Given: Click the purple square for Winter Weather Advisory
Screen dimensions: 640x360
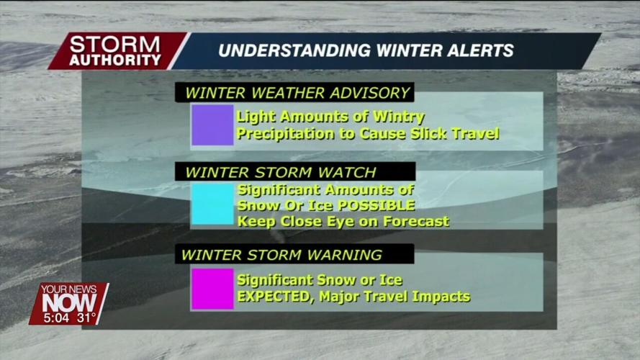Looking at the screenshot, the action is click(212, 125).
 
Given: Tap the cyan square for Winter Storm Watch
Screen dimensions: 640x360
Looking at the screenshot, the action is click(212, 204).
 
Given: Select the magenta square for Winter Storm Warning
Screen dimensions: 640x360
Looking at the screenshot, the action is click(212, 289).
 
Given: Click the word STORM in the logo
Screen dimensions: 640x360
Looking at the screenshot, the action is click(114, 45).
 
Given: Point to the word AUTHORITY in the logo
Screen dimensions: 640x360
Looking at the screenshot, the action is click(115, 60).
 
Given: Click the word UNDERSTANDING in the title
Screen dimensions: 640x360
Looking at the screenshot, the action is click(294, 50).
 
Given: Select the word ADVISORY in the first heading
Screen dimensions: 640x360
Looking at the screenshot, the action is click(370, 93).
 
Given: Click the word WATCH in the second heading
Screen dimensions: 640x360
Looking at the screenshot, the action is click(347, 172).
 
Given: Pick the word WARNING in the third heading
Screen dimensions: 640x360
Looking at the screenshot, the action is click(345, 255).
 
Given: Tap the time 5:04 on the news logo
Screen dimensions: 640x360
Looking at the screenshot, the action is click(57, 318).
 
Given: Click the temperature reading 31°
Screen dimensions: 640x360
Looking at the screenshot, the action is click(86, 318).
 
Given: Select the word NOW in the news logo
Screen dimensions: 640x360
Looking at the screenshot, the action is click(69, 303).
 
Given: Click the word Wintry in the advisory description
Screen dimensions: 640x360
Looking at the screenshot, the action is click(399, 117).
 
